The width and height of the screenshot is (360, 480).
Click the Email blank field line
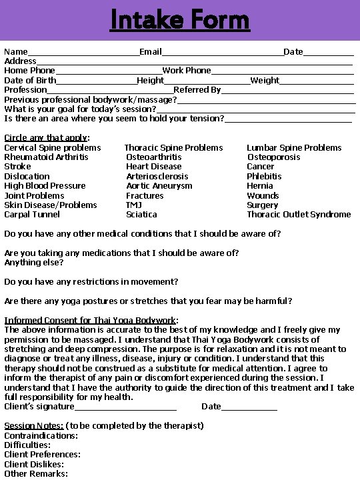[223, 53]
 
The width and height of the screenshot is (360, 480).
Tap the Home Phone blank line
[109, 72]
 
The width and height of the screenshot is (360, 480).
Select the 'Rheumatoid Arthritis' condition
[46, 157]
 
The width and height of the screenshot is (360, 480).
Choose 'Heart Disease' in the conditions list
[153, 167]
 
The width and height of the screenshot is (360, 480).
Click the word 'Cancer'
[260, 167]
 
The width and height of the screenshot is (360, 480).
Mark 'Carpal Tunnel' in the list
[32, 215]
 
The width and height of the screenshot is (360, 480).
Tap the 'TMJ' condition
[133, 205]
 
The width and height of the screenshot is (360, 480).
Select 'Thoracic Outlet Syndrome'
[299, 215]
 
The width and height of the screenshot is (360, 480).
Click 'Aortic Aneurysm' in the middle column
[159, 186]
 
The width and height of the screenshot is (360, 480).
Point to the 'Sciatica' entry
[141, 215]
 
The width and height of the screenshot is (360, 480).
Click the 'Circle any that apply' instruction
[47, 138]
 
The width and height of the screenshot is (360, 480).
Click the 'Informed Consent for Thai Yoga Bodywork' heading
[90, 321]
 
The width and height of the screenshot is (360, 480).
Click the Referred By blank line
[287, 91]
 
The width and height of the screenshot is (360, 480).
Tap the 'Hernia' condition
[259, 186]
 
